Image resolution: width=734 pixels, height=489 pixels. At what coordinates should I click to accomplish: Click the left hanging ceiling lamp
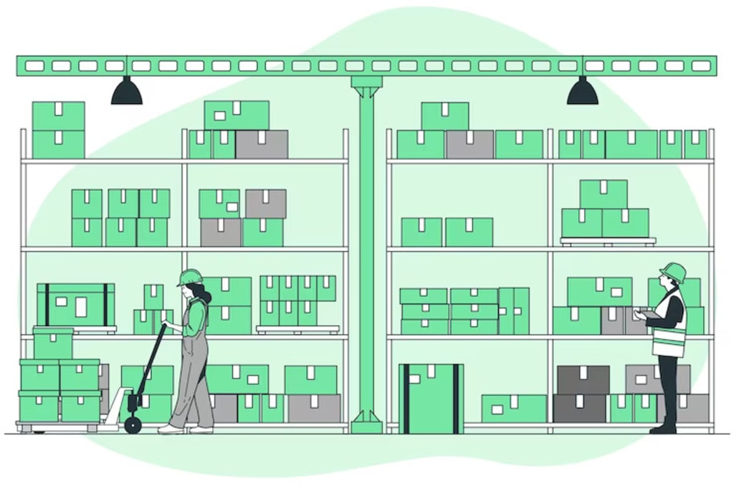126,92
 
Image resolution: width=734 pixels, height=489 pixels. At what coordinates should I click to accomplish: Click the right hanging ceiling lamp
582,92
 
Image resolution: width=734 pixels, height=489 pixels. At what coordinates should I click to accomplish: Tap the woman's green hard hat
191,277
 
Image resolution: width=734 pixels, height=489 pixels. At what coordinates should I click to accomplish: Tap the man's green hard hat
674,272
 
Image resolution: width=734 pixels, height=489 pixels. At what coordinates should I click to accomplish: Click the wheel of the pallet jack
133,425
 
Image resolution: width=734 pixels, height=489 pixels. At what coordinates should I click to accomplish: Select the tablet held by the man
649,314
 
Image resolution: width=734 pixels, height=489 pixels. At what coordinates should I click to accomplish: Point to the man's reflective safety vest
671,326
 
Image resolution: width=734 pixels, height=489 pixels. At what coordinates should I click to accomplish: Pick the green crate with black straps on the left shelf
75,304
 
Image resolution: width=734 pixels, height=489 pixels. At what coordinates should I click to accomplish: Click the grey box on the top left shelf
262,144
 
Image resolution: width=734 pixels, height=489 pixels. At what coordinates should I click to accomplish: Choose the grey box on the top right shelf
470,144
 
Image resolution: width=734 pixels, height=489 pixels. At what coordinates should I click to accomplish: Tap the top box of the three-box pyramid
603,194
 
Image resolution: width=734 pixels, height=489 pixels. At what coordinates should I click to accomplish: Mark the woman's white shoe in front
171,429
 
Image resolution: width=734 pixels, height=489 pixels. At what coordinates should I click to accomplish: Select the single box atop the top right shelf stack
444,115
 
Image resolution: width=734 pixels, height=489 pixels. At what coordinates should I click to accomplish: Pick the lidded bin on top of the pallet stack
53,343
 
